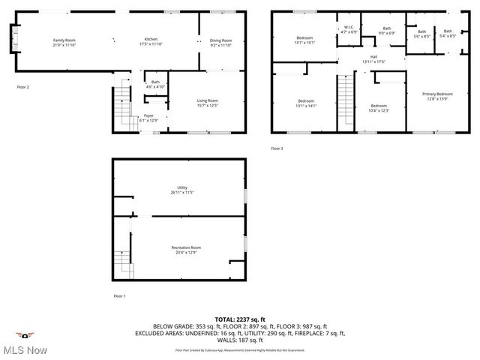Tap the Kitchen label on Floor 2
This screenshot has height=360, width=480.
click(151, 40)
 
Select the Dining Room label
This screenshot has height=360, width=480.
click(220, 40)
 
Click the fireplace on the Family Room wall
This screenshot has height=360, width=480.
click(13, 38)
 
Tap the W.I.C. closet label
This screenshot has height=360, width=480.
click(349, 29)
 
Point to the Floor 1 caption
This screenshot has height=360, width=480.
click(119, 296)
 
